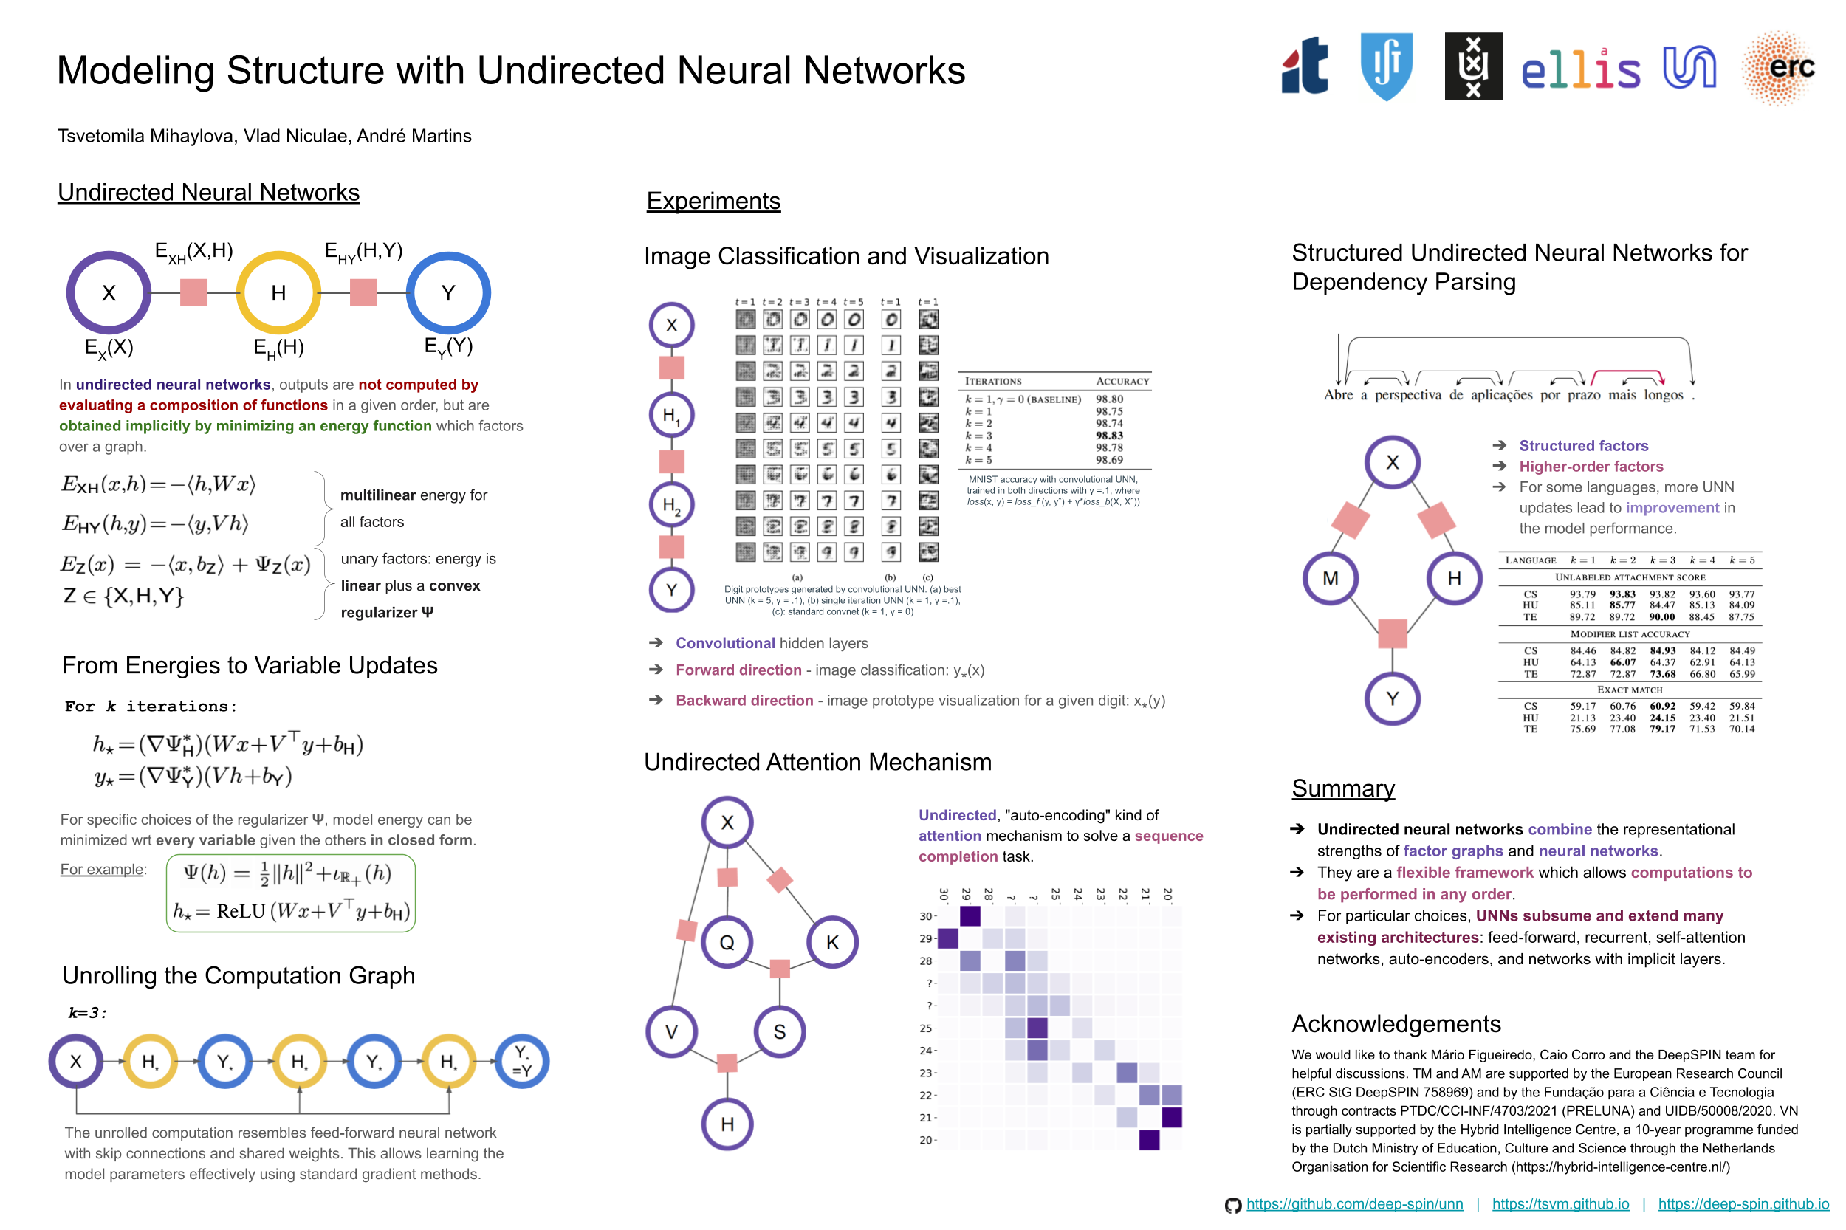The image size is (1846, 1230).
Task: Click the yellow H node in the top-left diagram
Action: tap(278, 292)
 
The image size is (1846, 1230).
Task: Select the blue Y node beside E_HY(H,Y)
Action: tap(448, 292)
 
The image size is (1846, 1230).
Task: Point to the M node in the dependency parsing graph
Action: tap(1331, 578)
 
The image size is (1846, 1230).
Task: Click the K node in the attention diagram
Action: tap(832, 942)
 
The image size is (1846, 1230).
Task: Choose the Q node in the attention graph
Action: tap(727, 942)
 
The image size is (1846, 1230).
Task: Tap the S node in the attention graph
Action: tap(779, 1031)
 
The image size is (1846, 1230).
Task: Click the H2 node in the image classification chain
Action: tap(671, 504)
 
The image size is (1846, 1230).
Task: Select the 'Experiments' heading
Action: tap(713, 201)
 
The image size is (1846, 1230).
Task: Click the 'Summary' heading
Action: tap(1343, 788)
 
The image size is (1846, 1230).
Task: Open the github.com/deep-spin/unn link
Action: tap(1354, 1204)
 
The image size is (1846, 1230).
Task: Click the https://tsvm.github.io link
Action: tap(1560, 1204)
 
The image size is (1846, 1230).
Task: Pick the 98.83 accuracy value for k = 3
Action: tap(1109, 436)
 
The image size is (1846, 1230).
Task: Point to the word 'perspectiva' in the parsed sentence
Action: tap(1407, 396)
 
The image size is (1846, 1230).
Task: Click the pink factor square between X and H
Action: tap(193, 292)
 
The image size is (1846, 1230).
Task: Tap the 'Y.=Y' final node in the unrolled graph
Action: tap(522, 1062)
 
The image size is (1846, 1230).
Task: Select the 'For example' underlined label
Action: tap(103, 869)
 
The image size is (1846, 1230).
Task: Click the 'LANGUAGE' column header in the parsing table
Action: tap(1530, 560)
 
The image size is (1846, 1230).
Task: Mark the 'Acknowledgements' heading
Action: tap(1396, 1024)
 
